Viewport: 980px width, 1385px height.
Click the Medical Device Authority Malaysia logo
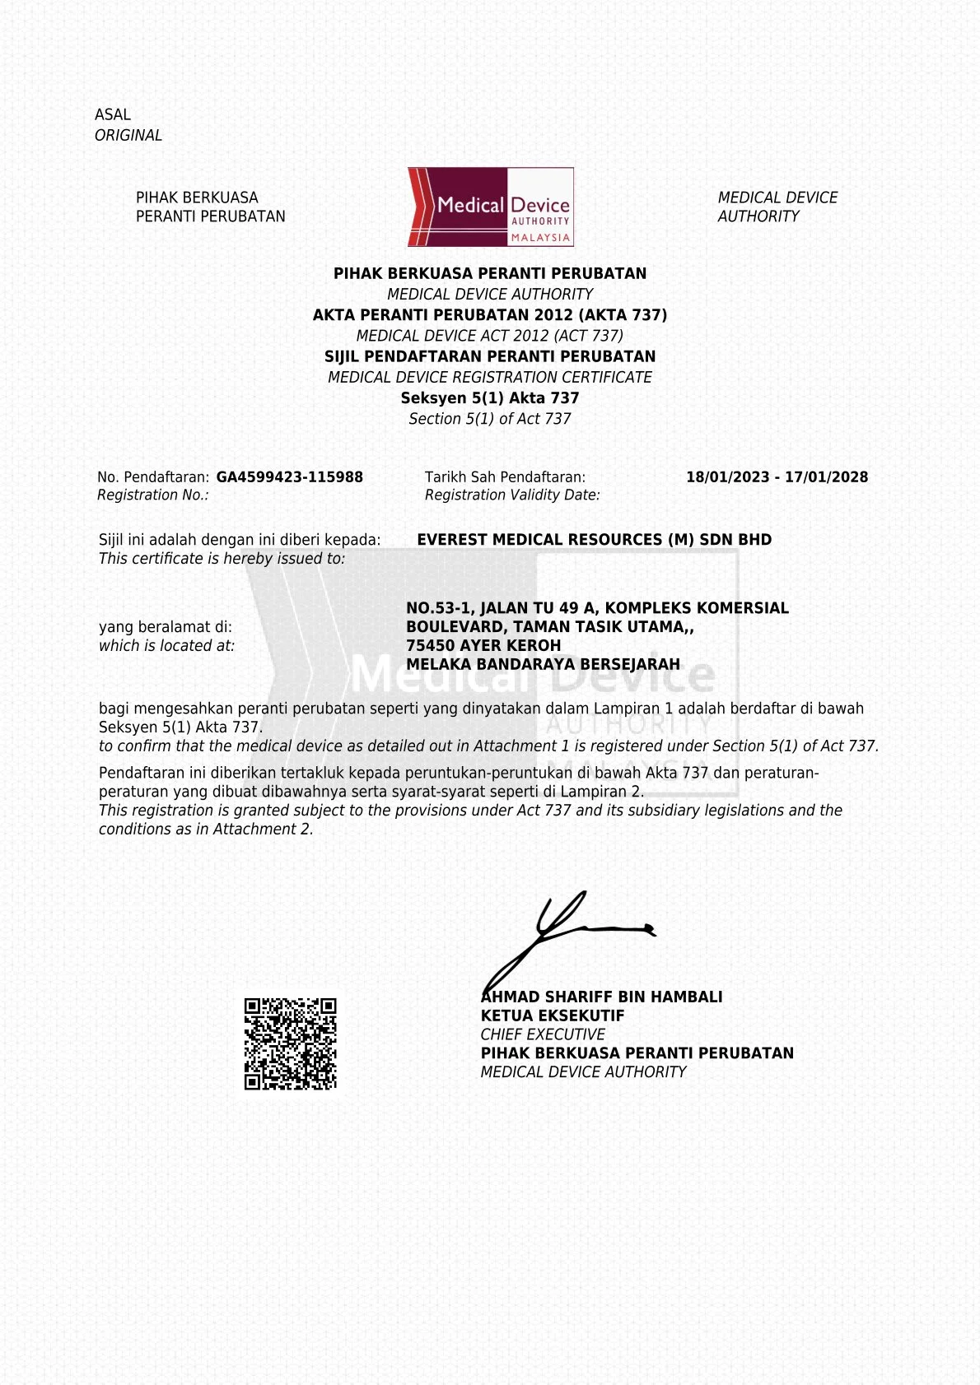(490, 207)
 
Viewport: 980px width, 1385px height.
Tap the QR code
(290, 1043)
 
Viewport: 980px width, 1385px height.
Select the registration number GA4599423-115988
(289, 477)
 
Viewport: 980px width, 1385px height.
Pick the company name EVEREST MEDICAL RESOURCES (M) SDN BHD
(594, 540)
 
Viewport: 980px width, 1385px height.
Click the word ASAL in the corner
(113, 115)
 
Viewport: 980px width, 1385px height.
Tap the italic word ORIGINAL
(128, 136)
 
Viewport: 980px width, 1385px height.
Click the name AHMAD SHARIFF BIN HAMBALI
(602, 997)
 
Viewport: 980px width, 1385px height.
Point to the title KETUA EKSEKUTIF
(553, 1016)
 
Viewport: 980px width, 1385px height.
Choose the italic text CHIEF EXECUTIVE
(543, 1034)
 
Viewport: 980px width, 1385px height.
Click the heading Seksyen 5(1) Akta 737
(490, 398)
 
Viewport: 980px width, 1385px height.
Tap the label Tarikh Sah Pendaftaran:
(505, 477)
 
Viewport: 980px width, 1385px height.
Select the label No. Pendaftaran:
(153, 477)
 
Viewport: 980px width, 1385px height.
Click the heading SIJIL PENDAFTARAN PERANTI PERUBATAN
(490, 356)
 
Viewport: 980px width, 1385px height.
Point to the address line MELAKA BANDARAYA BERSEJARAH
(543, 665)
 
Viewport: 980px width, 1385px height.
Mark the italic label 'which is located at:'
(166, 646)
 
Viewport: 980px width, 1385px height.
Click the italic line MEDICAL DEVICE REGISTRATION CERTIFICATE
(490, 378)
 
